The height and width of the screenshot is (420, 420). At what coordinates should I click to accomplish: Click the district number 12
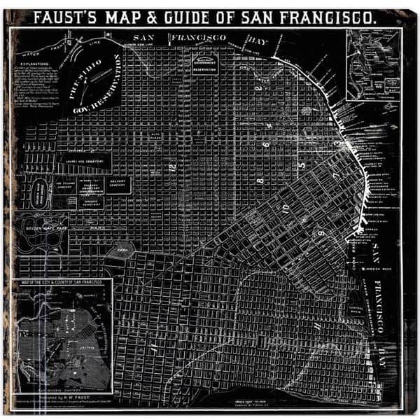171,166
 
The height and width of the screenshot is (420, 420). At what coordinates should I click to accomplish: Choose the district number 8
259,181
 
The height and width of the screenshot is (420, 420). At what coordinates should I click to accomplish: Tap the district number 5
302,166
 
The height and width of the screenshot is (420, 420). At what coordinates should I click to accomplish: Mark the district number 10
285,209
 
